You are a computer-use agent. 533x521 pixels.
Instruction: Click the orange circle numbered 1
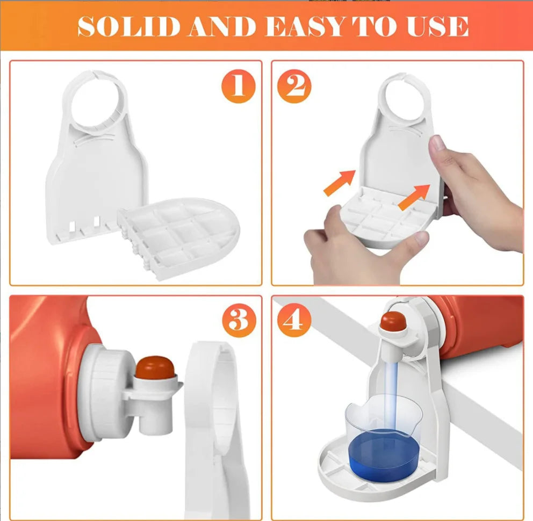(238, 86)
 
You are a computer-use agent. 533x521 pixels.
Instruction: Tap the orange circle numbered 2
(294, 86)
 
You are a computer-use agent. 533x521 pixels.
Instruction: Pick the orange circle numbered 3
(238, 321)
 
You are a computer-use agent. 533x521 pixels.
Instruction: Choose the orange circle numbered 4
(294, 321)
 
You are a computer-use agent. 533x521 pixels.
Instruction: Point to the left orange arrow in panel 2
(338, 183)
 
